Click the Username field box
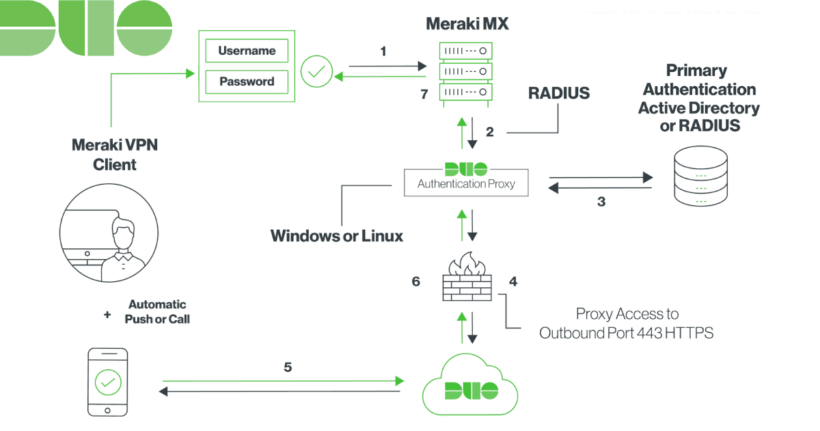(247, 51)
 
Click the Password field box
(247, 81)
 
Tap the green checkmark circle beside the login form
(318, 70)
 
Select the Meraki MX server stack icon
(465, 71)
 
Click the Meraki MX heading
(467, 24)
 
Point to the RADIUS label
(558, 94)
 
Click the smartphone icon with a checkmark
(108, 382)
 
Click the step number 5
(288, 367)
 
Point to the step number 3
(601, 202)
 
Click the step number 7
(424, 94)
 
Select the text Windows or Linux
(337, 236)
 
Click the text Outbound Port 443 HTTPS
(626, 333)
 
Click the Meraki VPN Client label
(114, 155)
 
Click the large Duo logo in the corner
(85, 27)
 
